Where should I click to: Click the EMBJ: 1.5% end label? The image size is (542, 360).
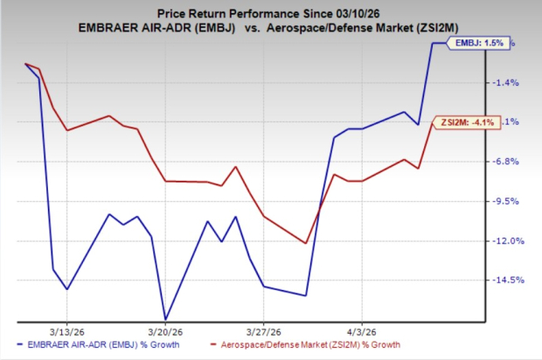click(x=476, y=42)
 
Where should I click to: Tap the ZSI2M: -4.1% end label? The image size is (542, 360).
click(x=472, y=122)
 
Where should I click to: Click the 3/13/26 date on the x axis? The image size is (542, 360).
click(x=67, y=332)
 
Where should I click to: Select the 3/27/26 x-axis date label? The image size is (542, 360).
click(x=263, y=332)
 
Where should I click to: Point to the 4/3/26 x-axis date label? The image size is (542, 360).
click(x=360, y=332)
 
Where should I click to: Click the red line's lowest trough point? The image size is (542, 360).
click(x=305, y=243)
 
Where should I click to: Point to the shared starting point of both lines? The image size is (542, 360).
click(x=25, y=64)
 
